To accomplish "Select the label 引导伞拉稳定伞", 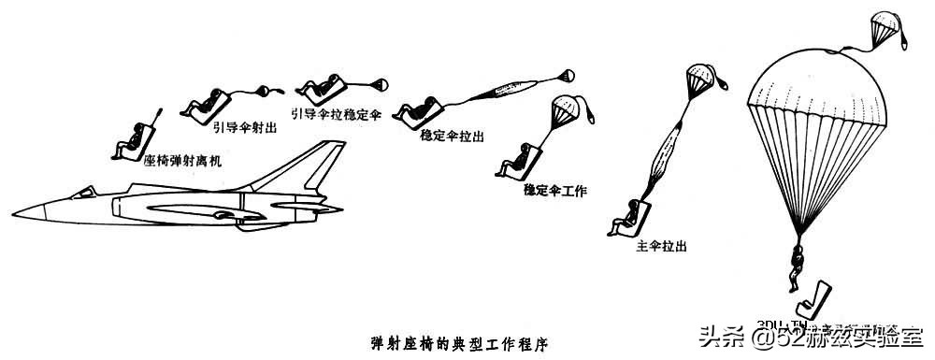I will (336, 113).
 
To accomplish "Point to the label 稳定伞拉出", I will (453, 136).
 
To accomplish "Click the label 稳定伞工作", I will (555, 191).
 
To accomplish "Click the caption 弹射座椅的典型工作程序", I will (459, 342).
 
